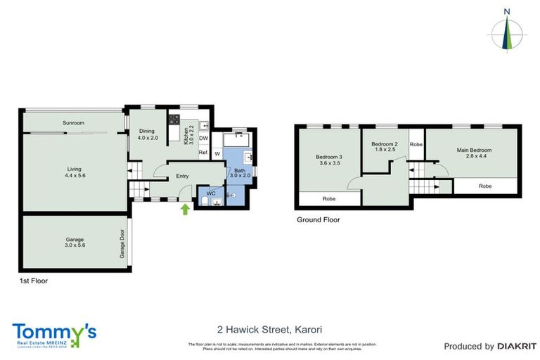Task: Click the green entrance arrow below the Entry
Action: [x=186, y=208]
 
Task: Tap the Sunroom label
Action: [x=74, y=123]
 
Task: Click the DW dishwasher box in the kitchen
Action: [x=203, y=138]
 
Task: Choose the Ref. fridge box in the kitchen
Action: [x=203, y=153]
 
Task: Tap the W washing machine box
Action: [x=217, y=153]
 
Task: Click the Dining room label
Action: [x=146, y=131]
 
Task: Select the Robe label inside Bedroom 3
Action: [x=329, y=198]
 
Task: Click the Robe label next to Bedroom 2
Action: [x=416, y=145]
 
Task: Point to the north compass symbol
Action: [x=506, y=32]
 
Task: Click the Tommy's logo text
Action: [x=55, y=330]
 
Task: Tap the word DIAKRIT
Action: [x=517, y=346]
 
